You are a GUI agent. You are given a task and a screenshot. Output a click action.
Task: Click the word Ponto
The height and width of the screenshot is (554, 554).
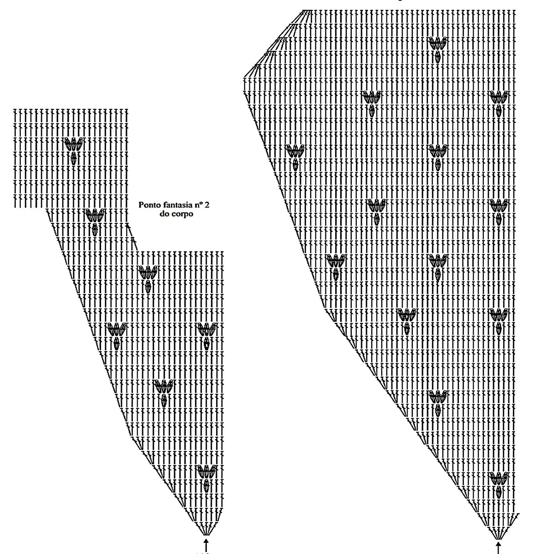click(148, 204)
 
